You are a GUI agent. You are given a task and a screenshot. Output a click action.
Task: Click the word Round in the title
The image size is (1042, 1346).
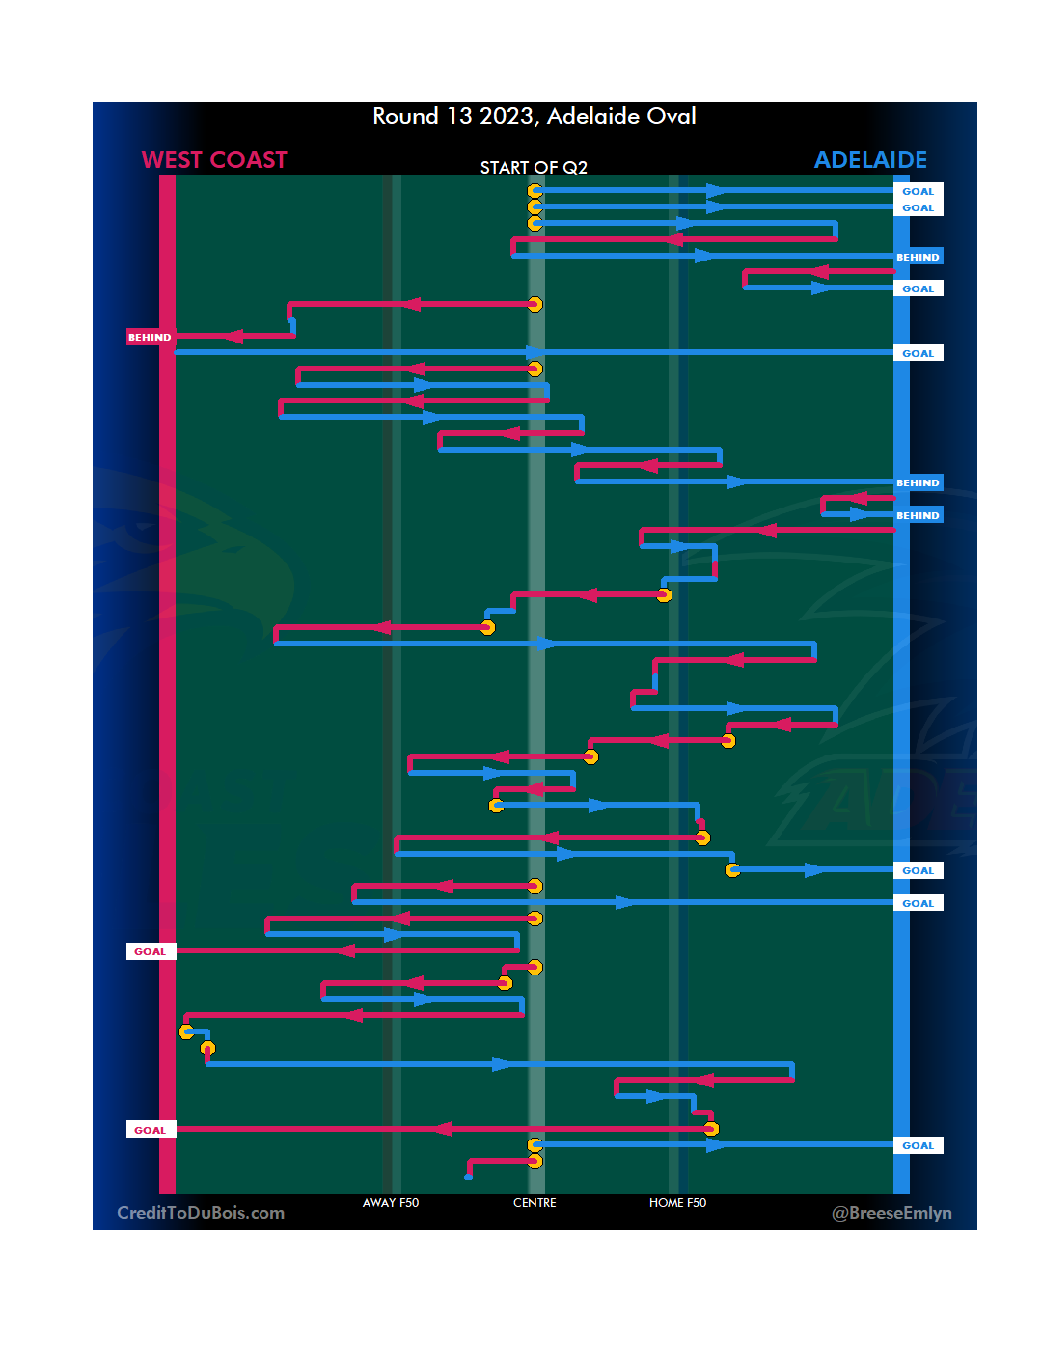click(x=405, y=117)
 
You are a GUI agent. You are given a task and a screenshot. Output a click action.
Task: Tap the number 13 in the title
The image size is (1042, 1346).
click(x=459, y=117)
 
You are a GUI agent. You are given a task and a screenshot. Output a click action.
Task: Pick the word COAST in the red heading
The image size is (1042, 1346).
click(x=249, y=160)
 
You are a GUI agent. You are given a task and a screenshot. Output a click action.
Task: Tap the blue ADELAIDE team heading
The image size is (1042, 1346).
click(x=870, y=160)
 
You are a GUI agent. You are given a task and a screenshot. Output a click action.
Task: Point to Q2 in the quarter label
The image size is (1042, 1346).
click(x=575, y=168)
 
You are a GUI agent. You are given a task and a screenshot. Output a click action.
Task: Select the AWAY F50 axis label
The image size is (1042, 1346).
click(x=391, y=1203)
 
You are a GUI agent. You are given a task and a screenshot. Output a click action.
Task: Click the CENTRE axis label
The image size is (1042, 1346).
click(x=535, y=1203)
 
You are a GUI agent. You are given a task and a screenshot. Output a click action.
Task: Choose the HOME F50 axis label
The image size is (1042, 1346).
click(x=677, y=1203)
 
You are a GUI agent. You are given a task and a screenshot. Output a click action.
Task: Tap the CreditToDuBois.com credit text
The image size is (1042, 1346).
click(x=201, y=1213)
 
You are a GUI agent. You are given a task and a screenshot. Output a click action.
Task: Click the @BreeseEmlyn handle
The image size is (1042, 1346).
click(x=891, y=1213)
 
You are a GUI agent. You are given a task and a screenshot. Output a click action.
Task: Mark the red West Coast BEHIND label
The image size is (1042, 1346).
click(x=150, y=337)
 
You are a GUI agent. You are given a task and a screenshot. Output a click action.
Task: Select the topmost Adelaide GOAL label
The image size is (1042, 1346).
click(x=918, y=191)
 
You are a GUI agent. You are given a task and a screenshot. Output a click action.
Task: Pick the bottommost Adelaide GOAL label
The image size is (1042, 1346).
click(x=918, y=1145)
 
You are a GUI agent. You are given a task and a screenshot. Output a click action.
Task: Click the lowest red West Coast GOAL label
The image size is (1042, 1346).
click(x=150, y=1130)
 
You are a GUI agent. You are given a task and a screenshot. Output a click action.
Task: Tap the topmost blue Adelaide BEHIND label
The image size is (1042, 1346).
click(x=918, y=257)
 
